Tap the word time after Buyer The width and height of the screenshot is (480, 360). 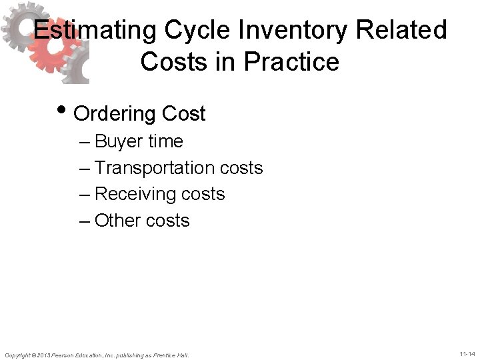167,141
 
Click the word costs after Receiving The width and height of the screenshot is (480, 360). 203,194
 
